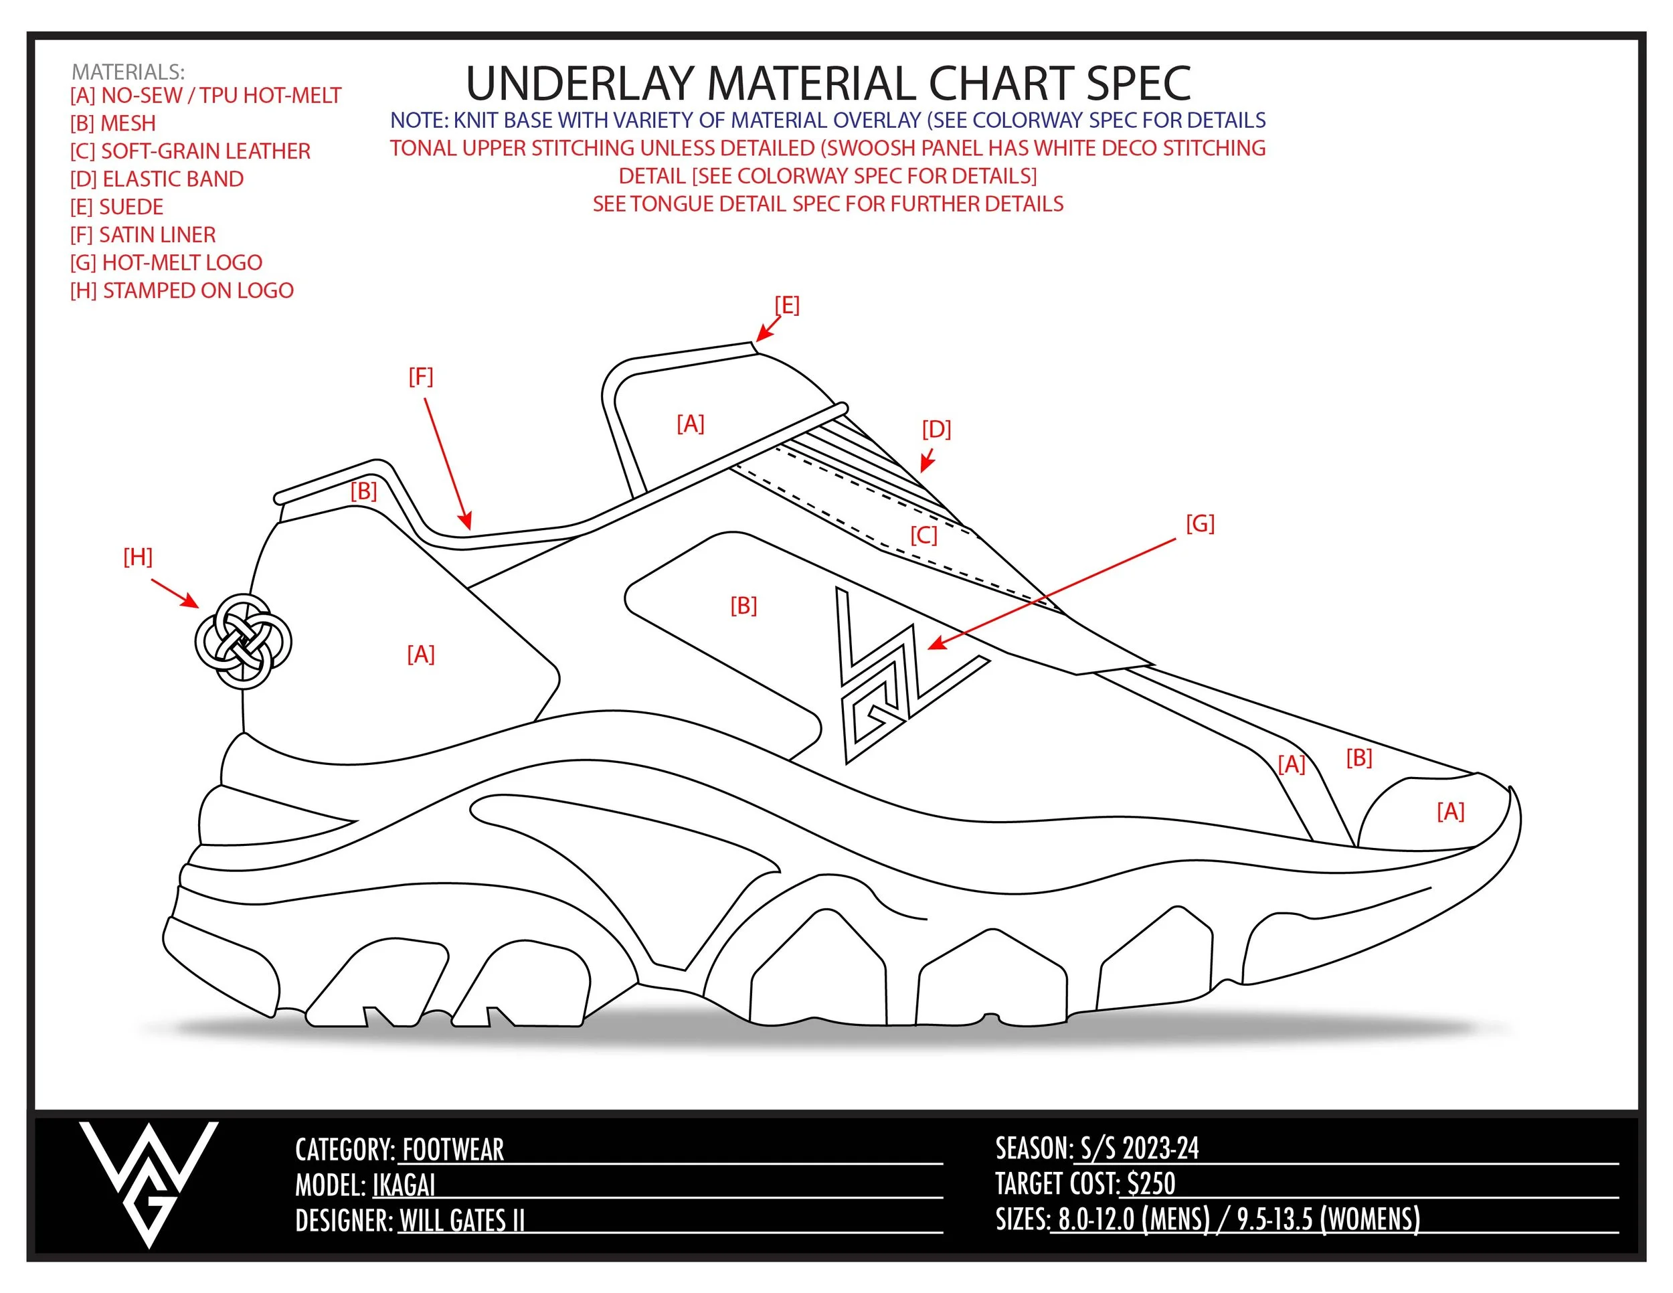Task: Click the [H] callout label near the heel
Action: pyautogui.click(x=138, y=557)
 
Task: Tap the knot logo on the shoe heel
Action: pyautogui.click(x=243, y=642)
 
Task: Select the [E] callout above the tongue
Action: pyautogui.click(x=787, y=305)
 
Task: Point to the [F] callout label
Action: pyautogui.click(x=420, y=376)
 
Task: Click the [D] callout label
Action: pyautogui.click(x=936, y=429)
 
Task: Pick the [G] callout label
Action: pyautogui.click(x=1201, y=523)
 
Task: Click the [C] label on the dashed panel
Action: pyautogui.click(x=923, y=535)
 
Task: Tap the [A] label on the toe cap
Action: pyautogui.click(x=1451, y=811)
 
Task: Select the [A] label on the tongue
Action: pyautogui.click(x=690, y=423)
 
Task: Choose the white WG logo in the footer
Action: pyautogui.click(x=149, y=1181)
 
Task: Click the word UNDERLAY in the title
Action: pyautogui.click(x=580, y=84)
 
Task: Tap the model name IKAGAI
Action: pyautogui.click(x=404, y=1186)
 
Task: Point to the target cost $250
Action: pyautogui.click(x=1151, y=1183)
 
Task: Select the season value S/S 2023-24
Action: pyautogui.click(x=1139, y=1148)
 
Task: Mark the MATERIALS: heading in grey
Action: pyautogui.click(x=128, y=72)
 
